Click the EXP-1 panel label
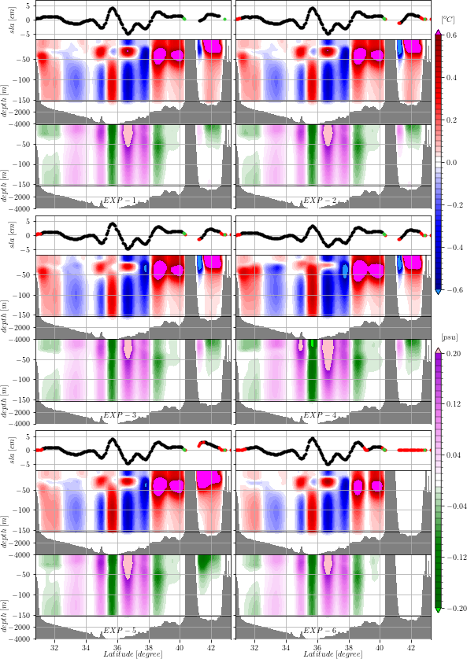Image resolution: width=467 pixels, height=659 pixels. pos(120,201)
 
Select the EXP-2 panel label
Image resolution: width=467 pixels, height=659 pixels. pos(320,201)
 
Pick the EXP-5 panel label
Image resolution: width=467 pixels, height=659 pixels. pos(120,631)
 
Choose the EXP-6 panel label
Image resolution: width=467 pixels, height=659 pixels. pos(320,631)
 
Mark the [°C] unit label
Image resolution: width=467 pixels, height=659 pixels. pos(447,18)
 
